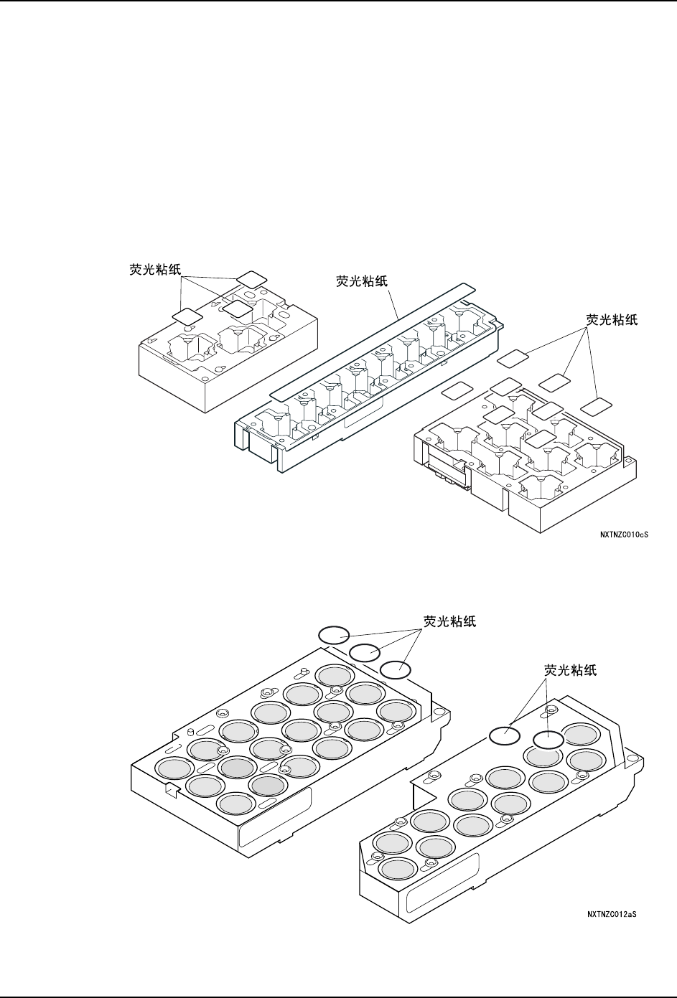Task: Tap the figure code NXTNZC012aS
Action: coord(612,914)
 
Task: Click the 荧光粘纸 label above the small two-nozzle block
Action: coord(151,270)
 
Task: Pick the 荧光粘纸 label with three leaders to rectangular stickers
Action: coord(612,320)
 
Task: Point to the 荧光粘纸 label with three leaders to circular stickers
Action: coord(449,621)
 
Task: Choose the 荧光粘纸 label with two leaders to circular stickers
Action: coord(571,670)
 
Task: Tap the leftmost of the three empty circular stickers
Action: coord(334,634)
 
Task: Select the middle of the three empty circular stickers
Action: coord(365,651)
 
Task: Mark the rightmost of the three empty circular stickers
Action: coord(395,669)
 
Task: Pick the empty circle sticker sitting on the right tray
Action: coord(548,739)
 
